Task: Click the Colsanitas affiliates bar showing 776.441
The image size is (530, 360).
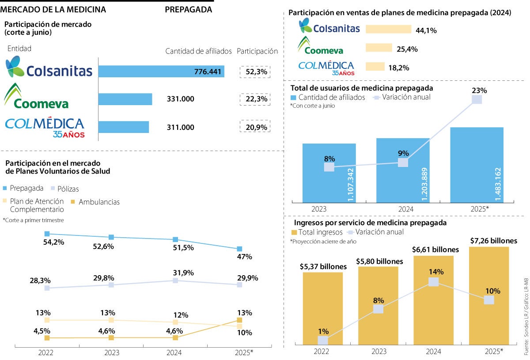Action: [161, 72]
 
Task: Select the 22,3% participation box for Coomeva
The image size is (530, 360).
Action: [255, 99]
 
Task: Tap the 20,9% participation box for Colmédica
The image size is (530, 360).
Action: [255, 127]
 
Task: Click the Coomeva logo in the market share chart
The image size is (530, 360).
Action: [37, 96]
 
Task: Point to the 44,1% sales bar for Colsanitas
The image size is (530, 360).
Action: [389, 30]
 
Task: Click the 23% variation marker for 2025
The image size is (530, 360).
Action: [477, 99]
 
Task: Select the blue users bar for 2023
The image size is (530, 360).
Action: [329, 172]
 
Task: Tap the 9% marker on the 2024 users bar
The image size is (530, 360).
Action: [403, 162]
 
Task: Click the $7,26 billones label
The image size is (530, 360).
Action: [493, 241]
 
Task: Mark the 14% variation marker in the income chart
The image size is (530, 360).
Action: [434, 281]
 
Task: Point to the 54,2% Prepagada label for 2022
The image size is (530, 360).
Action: [54, 242]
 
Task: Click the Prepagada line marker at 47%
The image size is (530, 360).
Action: [239, 249]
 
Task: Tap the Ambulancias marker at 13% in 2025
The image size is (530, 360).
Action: [239, 320]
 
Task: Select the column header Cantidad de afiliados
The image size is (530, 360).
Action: [198, 51]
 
